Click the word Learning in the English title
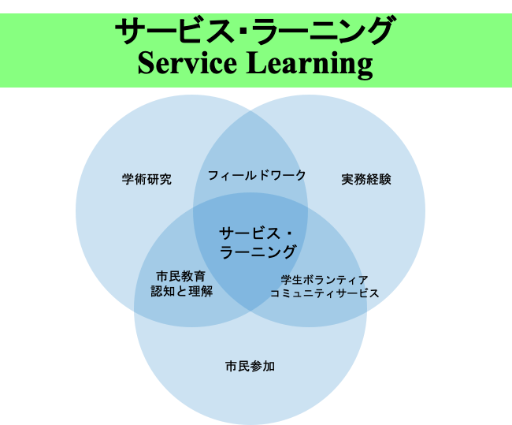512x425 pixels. pos(310,65)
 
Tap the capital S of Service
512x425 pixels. pos(146,63)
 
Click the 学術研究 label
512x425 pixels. pos(147,179)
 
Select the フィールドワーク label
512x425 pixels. pos(257,175)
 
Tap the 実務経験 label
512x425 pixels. pos(366,179)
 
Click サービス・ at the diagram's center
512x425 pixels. pos(257,233)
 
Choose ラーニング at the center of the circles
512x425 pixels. pos(258,252)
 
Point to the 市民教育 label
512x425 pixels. pos(182,276)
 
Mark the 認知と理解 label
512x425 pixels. pos(182,291)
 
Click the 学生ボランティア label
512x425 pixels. pos(325,279)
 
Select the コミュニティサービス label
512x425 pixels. pos(325,293)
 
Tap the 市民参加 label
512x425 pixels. pos(250,366)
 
